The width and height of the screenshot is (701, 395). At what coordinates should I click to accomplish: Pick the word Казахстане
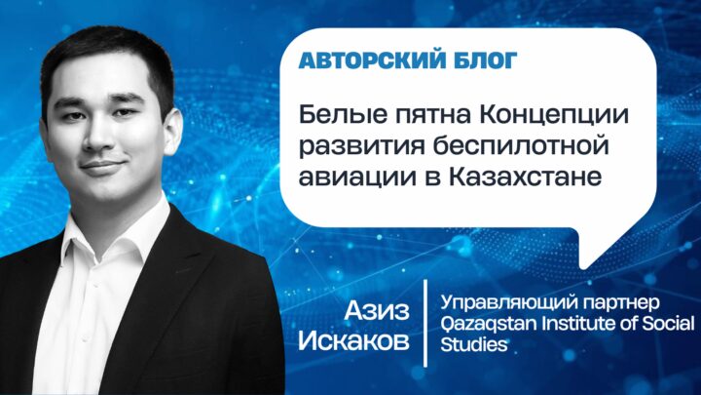tap(525, 177)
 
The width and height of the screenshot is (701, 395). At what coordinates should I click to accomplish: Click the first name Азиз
tap(377, 310)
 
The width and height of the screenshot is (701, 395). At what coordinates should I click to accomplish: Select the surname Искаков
tap(353, 341)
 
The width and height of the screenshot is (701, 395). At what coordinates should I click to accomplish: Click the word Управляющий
tap(502, 303)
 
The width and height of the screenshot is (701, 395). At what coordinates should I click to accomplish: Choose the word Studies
tap(474, 344)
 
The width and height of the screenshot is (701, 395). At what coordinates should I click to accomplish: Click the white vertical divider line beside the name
tap(424, 323)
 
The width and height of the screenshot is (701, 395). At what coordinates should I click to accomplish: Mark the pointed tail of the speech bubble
tap(582, 268)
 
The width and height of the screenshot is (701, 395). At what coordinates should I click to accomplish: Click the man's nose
tap(96, 138)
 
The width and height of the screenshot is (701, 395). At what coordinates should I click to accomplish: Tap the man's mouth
tap(102, 166)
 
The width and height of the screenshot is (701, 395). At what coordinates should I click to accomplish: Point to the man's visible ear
tap(172, 135)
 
